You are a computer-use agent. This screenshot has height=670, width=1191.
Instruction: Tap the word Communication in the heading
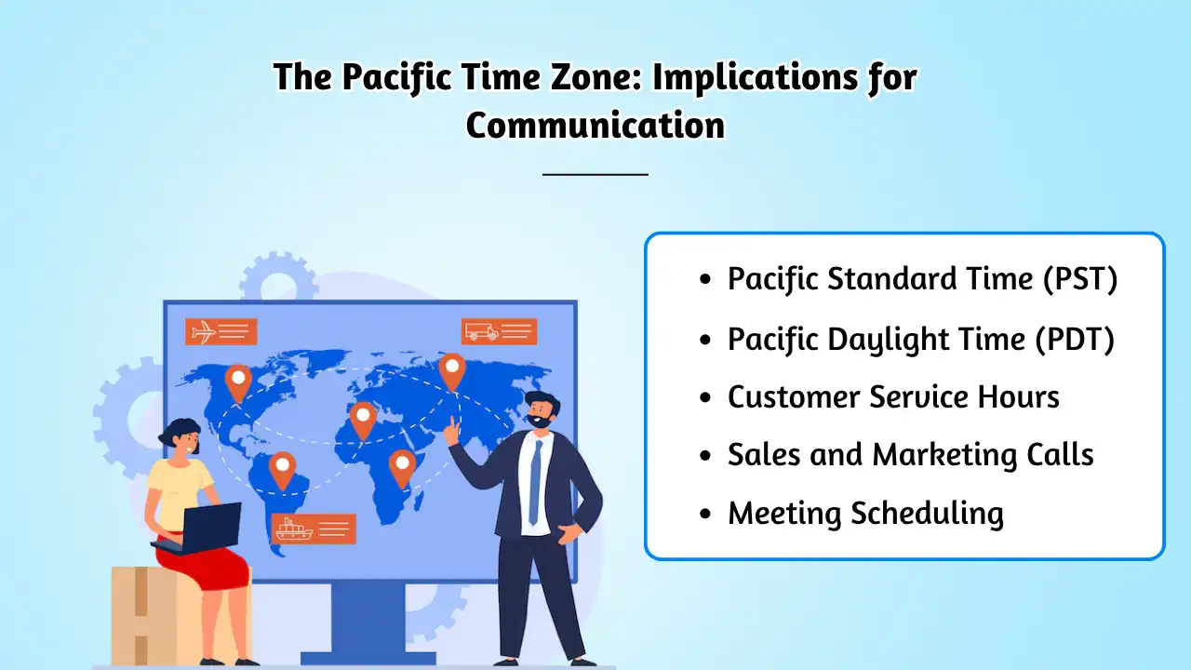click(595, 126)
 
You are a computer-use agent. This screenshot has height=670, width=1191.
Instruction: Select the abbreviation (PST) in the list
click(1080, 278)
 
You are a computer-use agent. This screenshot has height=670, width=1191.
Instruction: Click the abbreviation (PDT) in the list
click(1075, 339)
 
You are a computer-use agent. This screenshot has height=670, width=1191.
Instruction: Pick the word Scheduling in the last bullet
click(928, 515)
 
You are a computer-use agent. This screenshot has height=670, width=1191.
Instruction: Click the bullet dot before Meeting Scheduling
click(705, 514)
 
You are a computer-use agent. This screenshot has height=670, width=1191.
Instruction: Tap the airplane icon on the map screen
click(204, 332)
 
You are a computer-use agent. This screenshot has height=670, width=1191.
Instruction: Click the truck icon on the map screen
click(482, 331)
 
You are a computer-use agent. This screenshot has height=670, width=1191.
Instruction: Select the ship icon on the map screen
click(293, 529)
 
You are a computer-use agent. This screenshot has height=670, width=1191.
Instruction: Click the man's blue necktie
click(535, 482)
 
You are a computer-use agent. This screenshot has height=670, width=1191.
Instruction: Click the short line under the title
click(595, 174)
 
